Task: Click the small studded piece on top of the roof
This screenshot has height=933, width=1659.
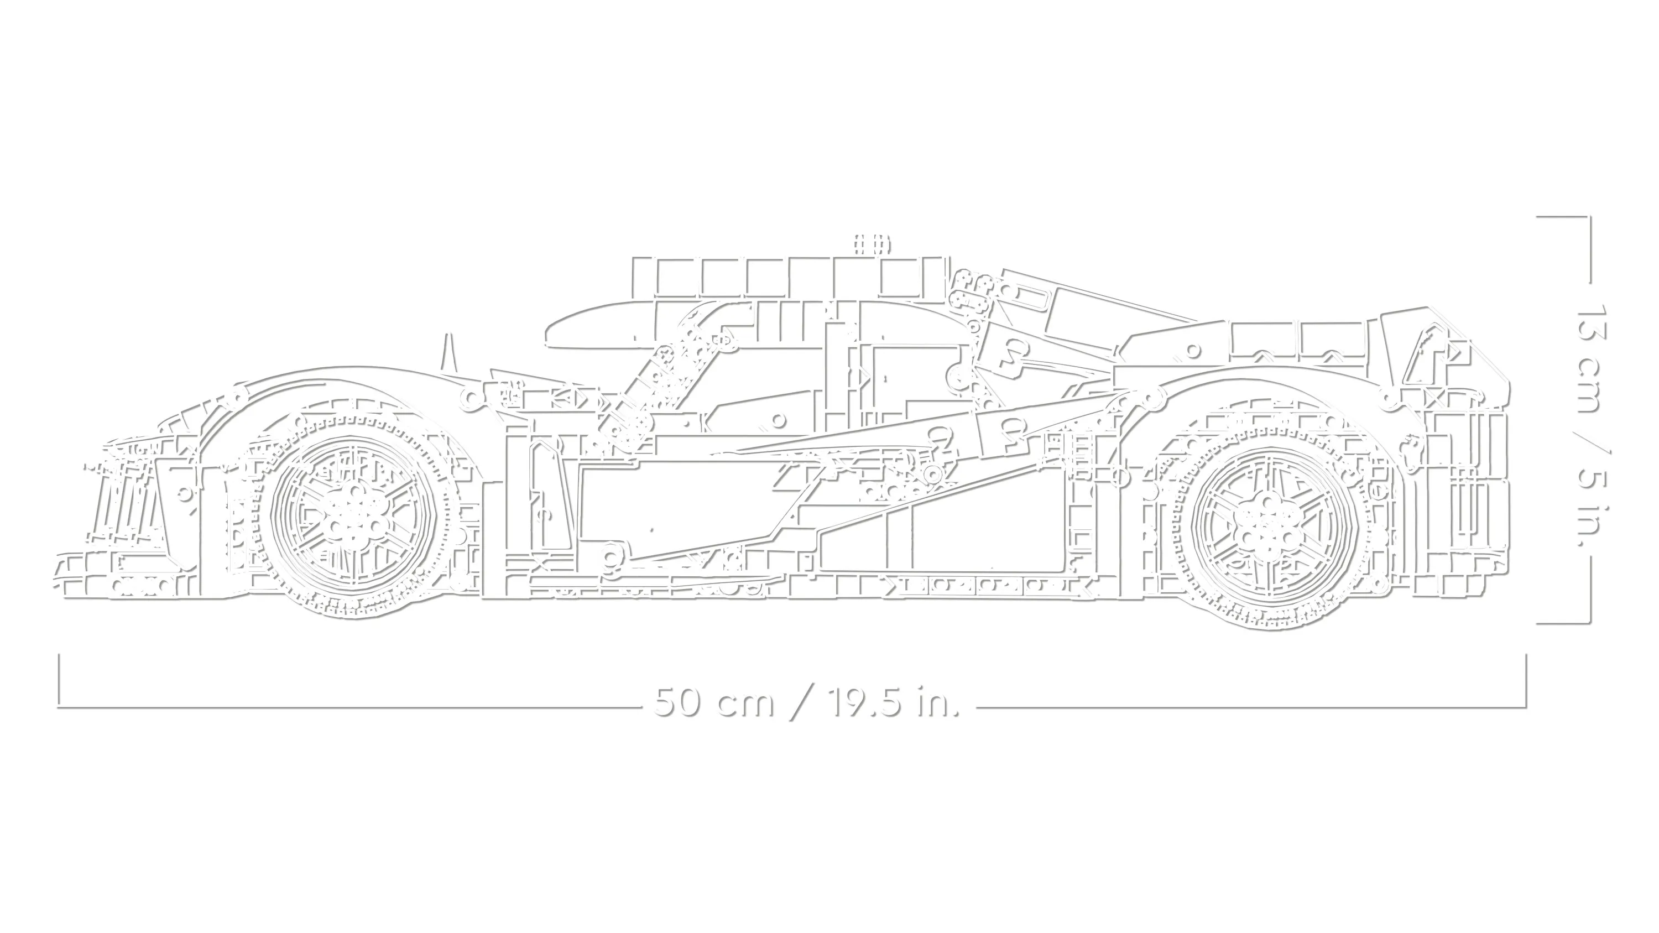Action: coord(872,244)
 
